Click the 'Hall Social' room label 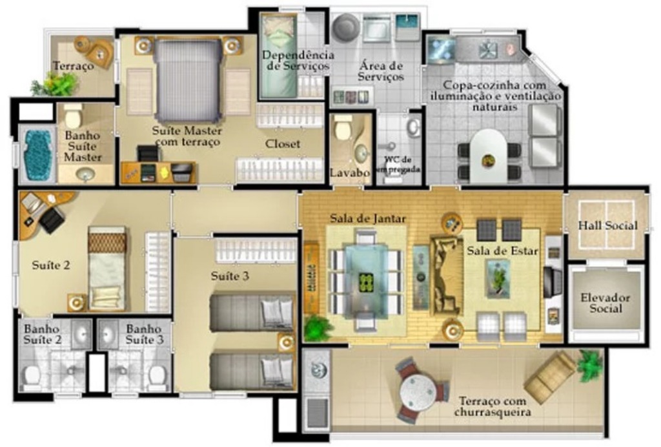[607, 225]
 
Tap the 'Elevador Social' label [605, 303]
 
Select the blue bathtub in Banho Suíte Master [37, 154]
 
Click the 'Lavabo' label [350, 172]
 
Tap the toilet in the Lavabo [343, 127]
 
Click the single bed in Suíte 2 [107, 268]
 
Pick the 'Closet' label [283, 144]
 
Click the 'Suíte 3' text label [230, 276]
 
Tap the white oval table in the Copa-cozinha [489, 156]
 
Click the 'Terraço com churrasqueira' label [493, 406]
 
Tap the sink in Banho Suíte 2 [81, 334]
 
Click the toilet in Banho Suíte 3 [157, 375]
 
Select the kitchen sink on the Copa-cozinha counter [487, 49]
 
